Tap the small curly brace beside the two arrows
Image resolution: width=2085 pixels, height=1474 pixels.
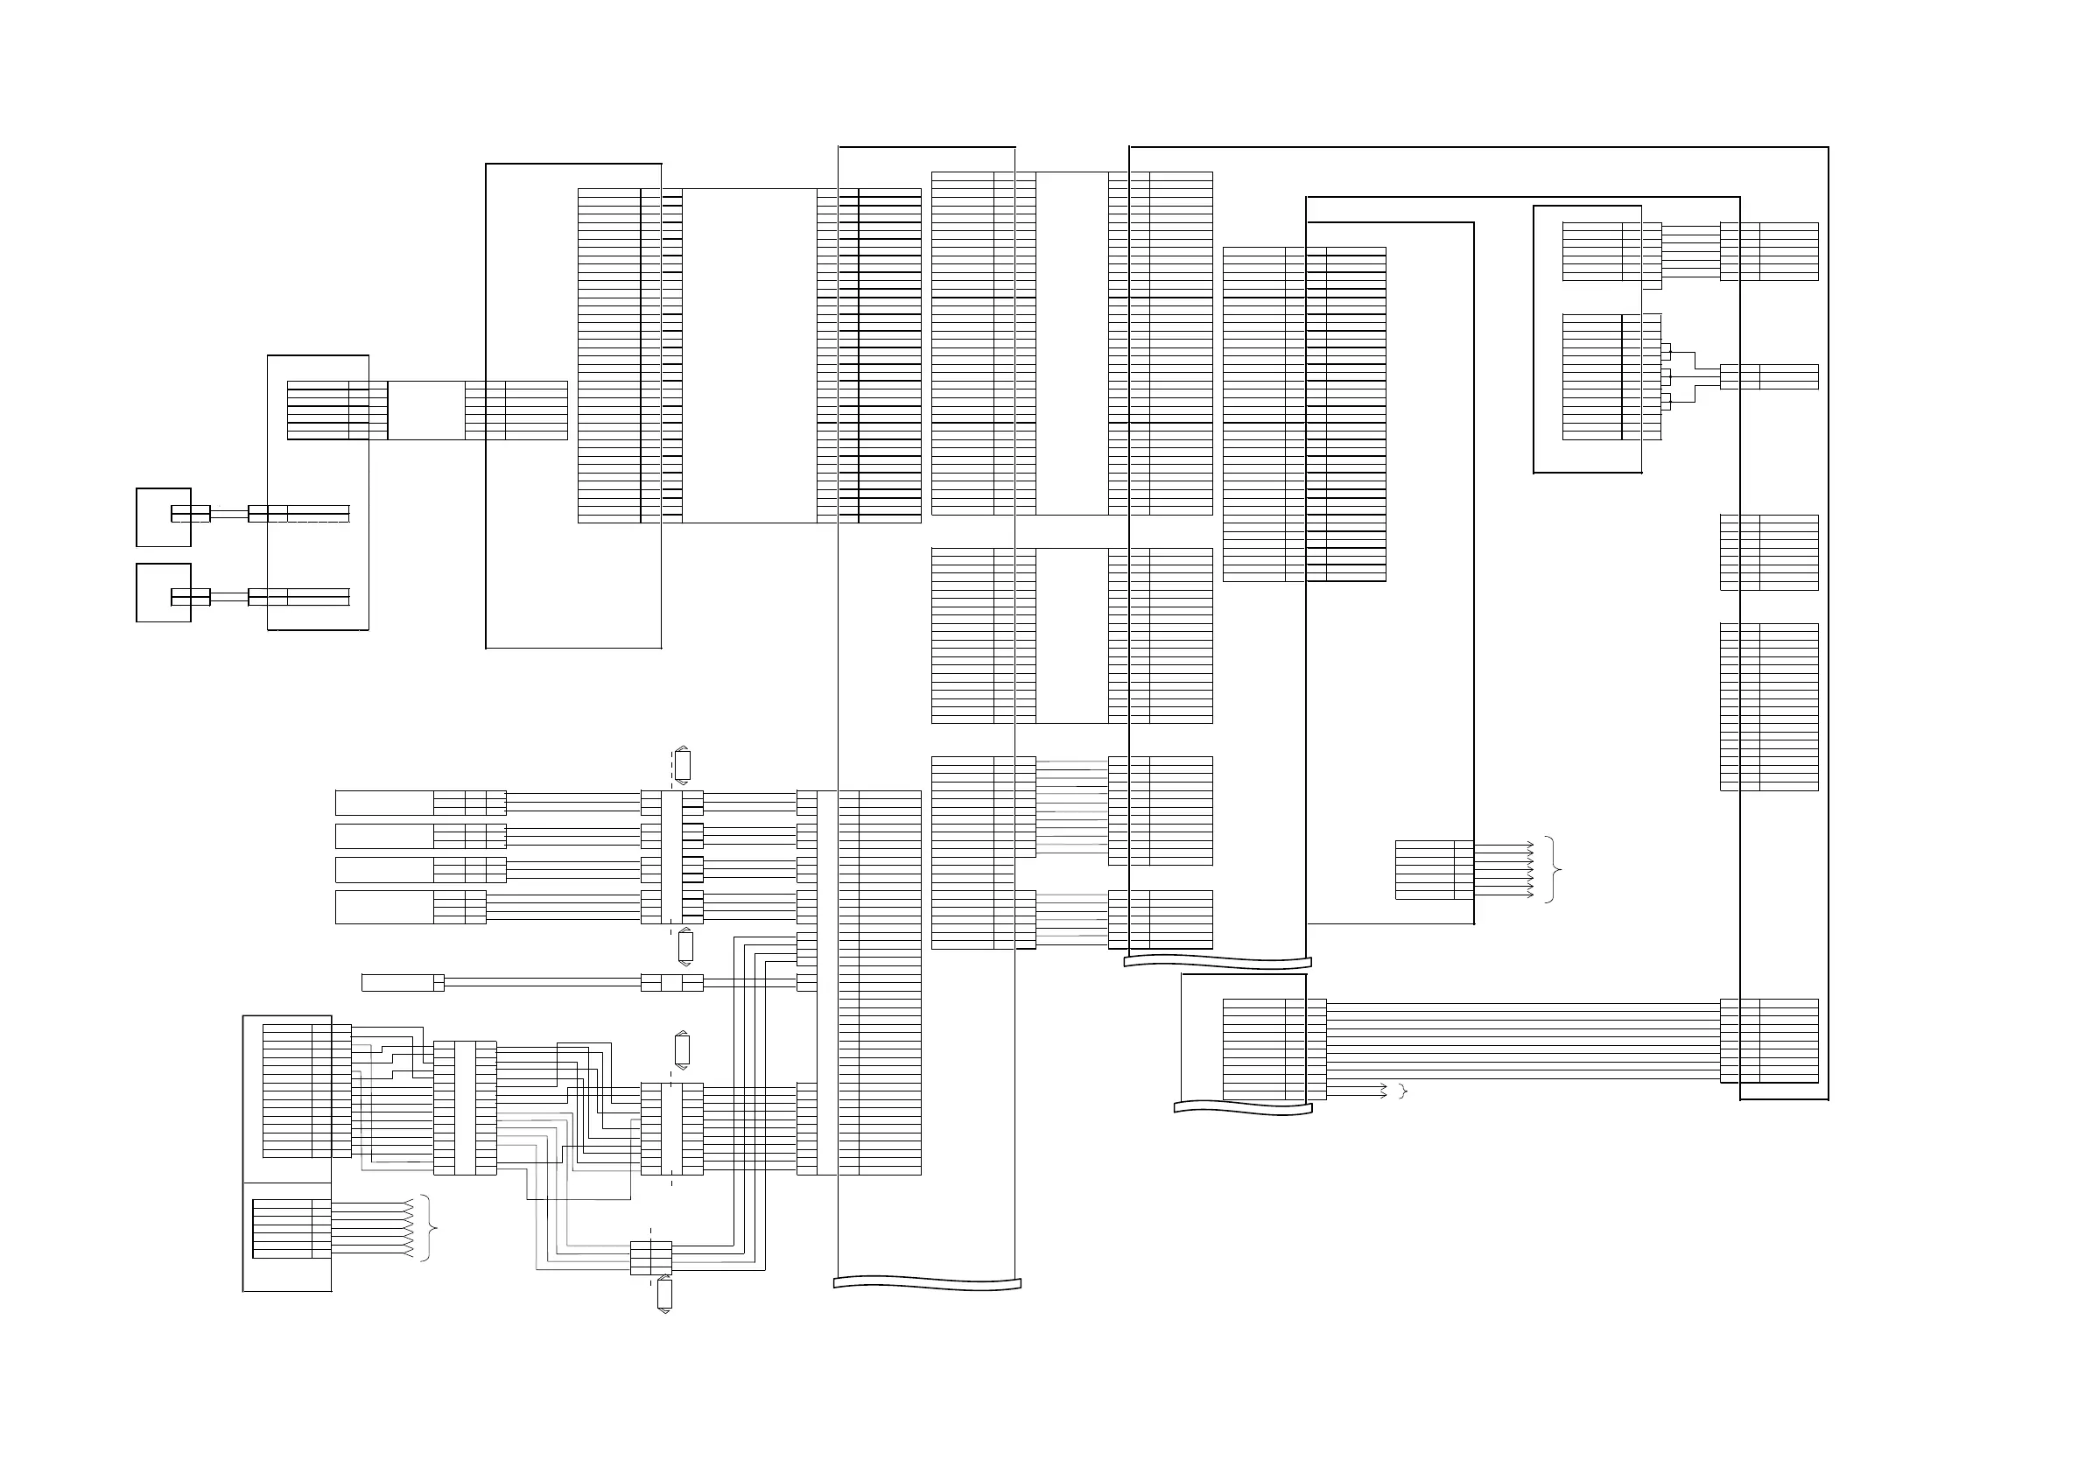coord(1404,1091)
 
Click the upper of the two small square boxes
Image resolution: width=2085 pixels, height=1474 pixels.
coord(164,516)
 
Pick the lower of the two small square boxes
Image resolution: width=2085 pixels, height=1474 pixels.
coord(164,593)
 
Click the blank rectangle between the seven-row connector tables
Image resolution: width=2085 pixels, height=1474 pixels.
coord(426,411)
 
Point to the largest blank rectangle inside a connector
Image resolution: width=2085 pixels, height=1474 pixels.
coord(749,355)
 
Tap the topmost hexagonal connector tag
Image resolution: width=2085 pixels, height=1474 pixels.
coord(682,765)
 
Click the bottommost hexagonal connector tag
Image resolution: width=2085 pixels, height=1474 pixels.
coord(663,1295)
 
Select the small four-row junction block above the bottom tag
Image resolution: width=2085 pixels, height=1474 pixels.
coord(651,1258)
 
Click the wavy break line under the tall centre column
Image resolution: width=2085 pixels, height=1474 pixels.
coord(927,1283)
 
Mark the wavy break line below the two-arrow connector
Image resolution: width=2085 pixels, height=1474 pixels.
coord(1242,1108)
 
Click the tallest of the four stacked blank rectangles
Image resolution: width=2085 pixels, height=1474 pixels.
coord(384,907)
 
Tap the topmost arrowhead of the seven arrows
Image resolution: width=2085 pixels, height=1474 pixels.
coord(1530,845)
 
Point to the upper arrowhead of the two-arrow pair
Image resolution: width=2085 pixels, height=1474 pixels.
coord(1383,1085)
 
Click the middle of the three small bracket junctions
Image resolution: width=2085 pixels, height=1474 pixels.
coord(1666,376)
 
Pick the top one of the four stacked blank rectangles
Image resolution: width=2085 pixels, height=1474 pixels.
coord(384,803)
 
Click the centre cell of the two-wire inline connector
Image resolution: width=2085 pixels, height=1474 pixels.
coord(671,982)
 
